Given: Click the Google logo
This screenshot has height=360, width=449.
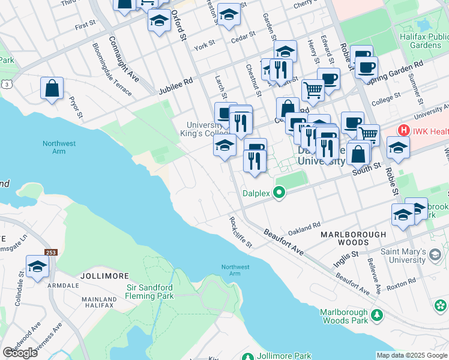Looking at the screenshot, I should click(20, 353).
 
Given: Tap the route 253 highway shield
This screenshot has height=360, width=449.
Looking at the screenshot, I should click(50, 253).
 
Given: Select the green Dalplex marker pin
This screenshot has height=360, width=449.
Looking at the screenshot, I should click(279, 193).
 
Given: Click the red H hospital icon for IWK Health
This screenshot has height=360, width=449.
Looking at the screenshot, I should click(404, 130).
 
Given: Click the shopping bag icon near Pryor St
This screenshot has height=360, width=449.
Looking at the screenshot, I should click(52, 88).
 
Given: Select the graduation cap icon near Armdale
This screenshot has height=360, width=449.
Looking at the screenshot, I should click(37, 266).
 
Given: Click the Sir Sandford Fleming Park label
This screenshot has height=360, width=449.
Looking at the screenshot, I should click(150, 292).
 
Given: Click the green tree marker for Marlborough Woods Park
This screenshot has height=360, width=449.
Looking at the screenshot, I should click(376, 314).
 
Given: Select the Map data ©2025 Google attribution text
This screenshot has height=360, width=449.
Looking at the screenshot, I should click(412, 355).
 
